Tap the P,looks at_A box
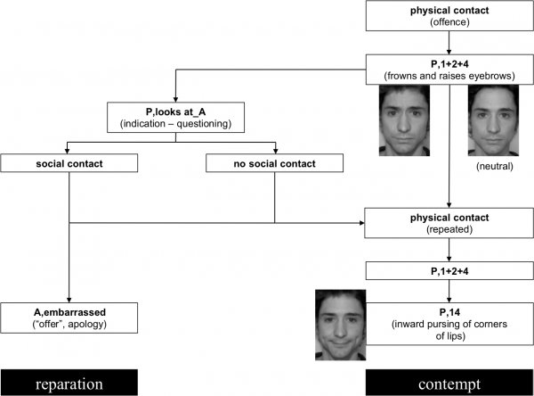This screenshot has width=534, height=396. click(174, 118)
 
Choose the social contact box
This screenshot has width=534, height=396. click(70, 163)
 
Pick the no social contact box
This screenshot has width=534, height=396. click(274, 163)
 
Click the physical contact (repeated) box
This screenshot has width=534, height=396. click(449, 222)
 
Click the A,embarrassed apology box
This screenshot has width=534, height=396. click(70, 317)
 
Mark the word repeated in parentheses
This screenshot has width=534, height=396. click(449, 228)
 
